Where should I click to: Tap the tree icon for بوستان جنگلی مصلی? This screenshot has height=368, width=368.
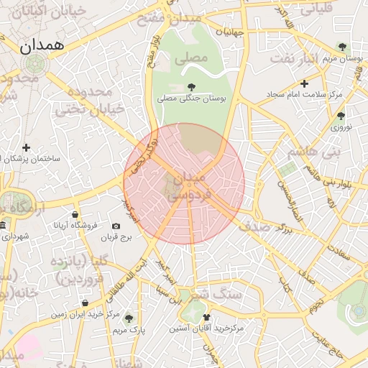point(190,87)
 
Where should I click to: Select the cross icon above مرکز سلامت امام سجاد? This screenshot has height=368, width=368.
point(304,83)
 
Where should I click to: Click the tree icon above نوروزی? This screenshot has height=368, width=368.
point(341,115)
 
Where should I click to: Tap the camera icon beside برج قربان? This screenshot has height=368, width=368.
point(116,226)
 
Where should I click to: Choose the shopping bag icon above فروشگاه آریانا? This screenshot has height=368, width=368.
point(75,214)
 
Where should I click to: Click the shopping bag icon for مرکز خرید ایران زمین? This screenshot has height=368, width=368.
point(85,304)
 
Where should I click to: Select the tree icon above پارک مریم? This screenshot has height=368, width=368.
point(129,318)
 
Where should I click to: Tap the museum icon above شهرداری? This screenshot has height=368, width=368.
point(3,226)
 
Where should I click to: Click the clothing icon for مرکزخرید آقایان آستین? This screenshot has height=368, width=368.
point(208,317)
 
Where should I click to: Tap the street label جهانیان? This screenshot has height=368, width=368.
point(216,32)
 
